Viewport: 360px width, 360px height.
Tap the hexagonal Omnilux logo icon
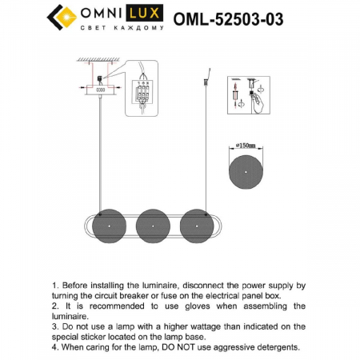click(x=62, y=15)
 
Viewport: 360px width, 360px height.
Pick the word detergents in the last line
click(x=274, y=347)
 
